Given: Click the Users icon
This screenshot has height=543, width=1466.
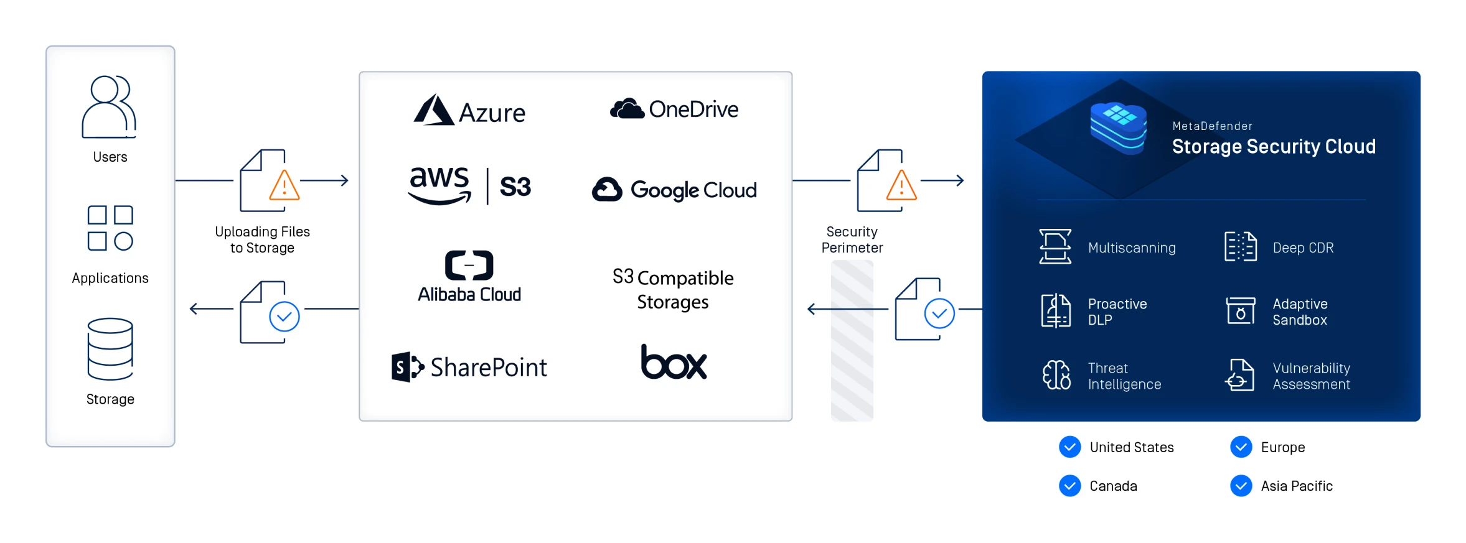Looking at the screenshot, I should point(109,106).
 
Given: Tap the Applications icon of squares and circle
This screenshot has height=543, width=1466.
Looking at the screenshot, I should point(110,228).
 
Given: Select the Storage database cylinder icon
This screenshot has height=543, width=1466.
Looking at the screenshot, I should point(110,349).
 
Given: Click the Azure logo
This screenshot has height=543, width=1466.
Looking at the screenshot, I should point(470,111).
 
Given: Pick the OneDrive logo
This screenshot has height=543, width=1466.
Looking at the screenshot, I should point(674,109).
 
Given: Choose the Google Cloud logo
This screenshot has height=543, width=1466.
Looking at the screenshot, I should point(674,189).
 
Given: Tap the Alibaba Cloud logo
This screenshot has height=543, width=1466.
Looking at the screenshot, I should point(469,277).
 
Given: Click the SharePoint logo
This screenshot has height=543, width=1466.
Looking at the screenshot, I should point(469,367).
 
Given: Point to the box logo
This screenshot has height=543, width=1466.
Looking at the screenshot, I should point(674,362).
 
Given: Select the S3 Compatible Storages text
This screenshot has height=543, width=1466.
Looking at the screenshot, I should point(673,289).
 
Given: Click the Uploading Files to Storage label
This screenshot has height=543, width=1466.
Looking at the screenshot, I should point(262,239).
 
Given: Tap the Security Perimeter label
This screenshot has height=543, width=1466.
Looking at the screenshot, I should point(852,239).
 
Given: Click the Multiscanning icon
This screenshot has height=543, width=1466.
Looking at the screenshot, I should point(1055,247).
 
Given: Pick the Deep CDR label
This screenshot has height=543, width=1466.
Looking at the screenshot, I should point(1303,248).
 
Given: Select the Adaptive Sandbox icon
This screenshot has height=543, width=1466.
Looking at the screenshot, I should point(1240,310).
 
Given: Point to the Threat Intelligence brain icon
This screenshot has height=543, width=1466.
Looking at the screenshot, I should point(1056,375).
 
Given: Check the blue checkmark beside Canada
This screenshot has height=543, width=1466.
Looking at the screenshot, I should point(1069,486).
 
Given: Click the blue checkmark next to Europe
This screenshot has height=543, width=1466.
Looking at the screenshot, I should point(1241,447).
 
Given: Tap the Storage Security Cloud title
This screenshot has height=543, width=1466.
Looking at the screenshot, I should point(1273,146).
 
